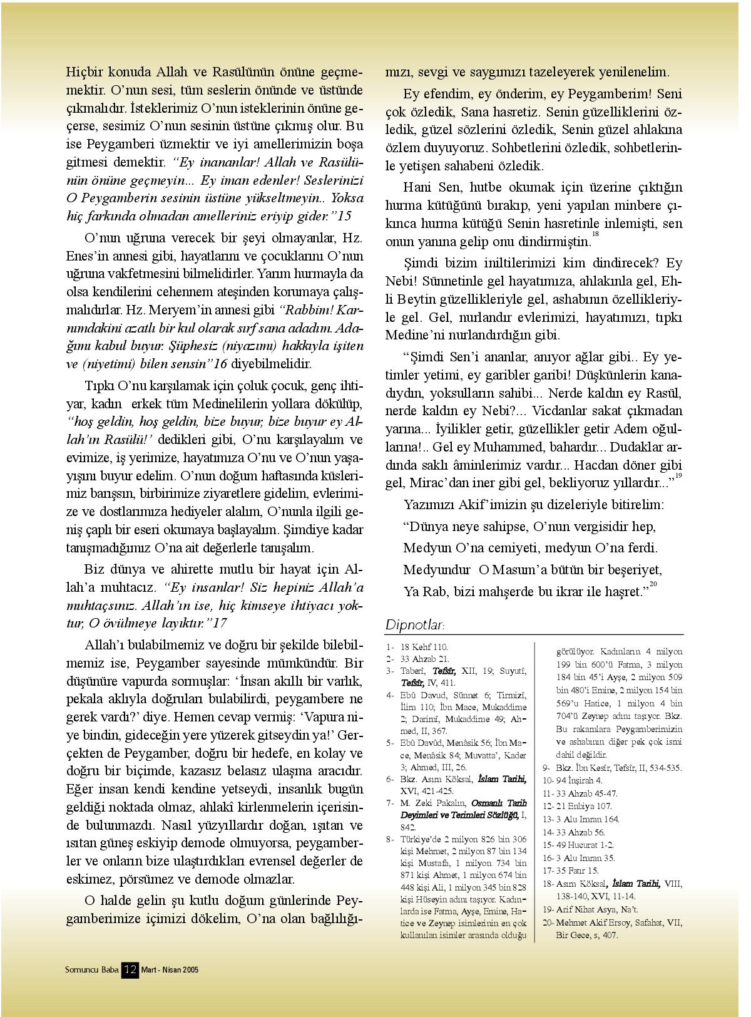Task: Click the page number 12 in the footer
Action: [x=130, y=969]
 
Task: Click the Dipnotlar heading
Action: [x=414, y=625]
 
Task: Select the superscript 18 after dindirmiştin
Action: [x=595, y=234]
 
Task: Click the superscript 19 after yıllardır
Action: [x=678, y=476]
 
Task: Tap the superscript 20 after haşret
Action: [x=653, y=584]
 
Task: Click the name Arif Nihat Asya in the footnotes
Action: [x=580, y=909]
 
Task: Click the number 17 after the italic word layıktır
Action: [x=220, y=623]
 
